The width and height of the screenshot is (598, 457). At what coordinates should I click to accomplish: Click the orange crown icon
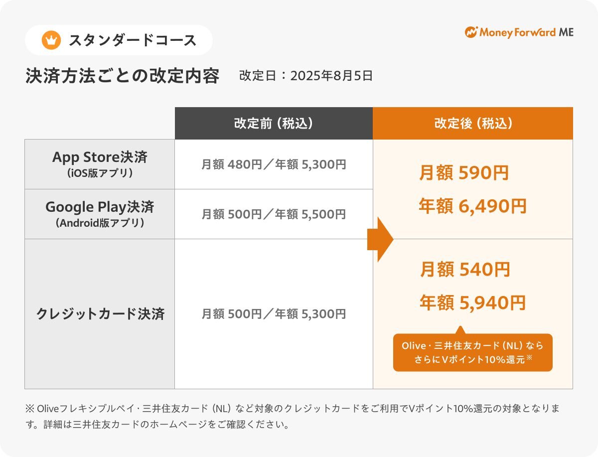(x=51, y=40)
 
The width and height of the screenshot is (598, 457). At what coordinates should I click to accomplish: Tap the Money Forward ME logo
(x=519, y=32)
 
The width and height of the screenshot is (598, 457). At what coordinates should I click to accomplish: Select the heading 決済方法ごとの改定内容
(x=122, y=76)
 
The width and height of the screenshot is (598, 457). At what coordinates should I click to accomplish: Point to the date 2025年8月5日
(x=331, y=76)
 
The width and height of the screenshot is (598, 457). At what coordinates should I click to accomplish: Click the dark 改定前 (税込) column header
(x=274, y=123)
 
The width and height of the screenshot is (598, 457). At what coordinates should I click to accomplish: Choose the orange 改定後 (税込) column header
(x=473, y=123)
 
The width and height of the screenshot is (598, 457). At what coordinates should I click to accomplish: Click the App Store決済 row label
(x=100, y=164)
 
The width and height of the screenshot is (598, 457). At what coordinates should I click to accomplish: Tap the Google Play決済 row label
(x=100, y=214)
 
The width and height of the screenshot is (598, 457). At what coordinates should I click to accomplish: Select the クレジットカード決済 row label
(x=100, y=314)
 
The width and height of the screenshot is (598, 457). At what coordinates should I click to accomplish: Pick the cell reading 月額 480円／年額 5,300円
(x=274, y=164)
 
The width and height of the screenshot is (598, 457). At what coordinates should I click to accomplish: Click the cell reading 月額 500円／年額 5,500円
(x=274, y=214)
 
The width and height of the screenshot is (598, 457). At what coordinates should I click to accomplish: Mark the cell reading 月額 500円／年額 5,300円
(x=274, y=314)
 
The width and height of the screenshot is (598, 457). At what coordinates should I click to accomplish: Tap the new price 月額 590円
(x=464, y=172)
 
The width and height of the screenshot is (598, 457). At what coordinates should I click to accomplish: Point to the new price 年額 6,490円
(x=473, y=206)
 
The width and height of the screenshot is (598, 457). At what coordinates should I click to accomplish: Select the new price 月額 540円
(x=465, y=269)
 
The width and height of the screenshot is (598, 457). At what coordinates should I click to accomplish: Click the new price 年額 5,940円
(x=473, y=303)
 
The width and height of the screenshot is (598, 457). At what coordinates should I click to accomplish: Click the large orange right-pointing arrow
(x=380, y=239)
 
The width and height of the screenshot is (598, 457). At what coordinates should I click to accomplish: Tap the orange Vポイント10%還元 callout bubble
(x=473, y=352)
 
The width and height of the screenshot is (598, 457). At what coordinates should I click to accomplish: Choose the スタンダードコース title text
(x=133, y=40)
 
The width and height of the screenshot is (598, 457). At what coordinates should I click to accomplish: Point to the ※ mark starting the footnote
(x=30, y=408)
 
